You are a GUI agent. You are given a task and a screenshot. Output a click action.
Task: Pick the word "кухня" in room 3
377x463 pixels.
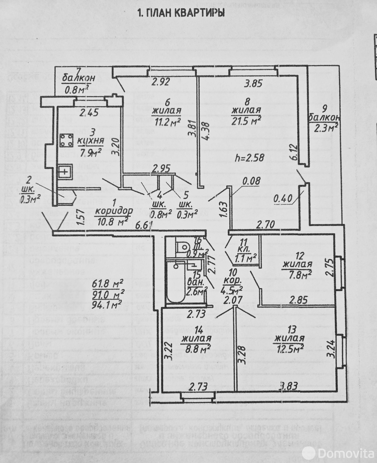click(91, 141)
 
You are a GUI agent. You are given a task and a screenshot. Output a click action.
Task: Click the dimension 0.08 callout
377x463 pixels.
click(251, 181)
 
